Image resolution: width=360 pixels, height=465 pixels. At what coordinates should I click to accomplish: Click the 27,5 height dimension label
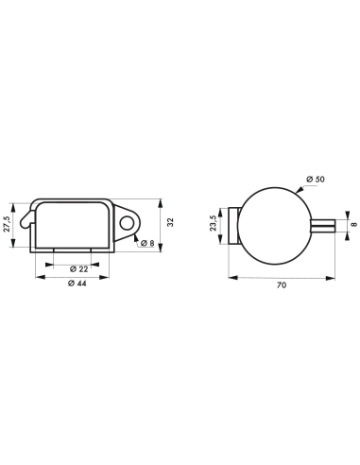pos(9,223)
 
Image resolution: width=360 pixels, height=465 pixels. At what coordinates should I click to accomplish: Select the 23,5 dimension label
pos(213,225)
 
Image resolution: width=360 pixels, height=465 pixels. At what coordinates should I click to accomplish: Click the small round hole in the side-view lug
pos(127,223)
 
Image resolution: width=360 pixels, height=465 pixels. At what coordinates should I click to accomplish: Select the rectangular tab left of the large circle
pos(235,225)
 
